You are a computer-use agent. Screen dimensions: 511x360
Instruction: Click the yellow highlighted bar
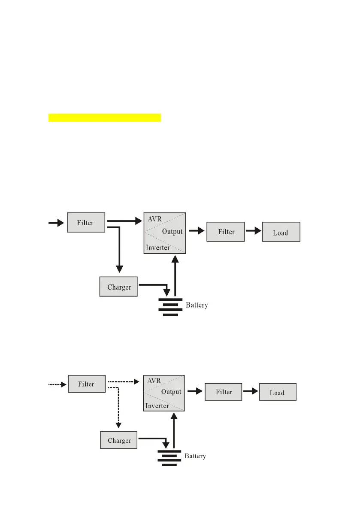pyautogui.click(x=104, y=118)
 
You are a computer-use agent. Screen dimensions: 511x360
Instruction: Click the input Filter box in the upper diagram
pyautogui.click(x=86, y=222)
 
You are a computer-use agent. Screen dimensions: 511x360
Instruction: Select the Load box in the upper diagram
pyautogui.click(x=281, y=232)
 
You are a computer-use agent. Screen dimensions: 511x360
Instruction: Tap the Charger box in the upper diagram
pyautogui.click(x=118, y=286)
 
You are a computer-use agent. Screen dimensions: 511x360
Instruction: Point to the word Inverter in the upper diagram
pyautogui.click(x=157, y=248)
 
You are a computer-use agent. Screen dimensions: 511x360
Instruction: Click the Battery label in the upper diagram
pyautogui.click(x=197, y=305)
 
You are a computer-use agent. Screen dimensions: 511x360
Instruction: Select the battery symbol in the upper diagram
pyautogui.click(x=170, y=306)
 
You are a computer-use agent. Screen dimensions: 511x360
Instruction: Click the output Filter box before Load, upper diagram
pyautogui.click(x=225, y=232)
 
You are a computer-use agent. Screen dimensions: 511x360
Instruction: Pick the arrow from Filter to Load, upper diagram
pyautogui.click(x=253, y=231)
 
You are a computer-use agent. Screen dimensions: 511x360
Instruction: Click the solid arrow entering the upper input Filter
pyautogui.click(x=55, y=223)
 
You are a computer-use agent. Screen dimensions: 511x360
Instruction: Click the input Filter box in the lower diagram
pyautogui.click(x=87, y=384)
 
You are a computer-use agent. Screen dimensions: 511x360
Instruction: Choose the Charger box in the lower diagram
pyautogui.click(x=119, y=440)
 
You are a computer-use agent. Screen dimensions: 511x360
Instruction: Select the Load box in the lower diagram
pyautogui.click(x=278, y=392)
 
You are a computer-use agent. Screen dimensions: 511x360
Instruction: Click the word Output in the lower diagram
pyautogui.click(x=171, y=392)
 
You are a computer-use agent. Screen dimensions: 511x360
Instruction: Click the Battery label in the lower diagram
pyautogui.click(x=195, y=456)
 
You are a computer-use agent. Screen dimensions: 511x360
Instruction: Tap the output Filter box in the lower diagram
pyautogui.click(x=224, y=392)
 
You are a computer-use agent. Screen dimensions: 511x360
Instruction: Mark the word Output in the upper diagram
pyautogui.click(x=172, y=232)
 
